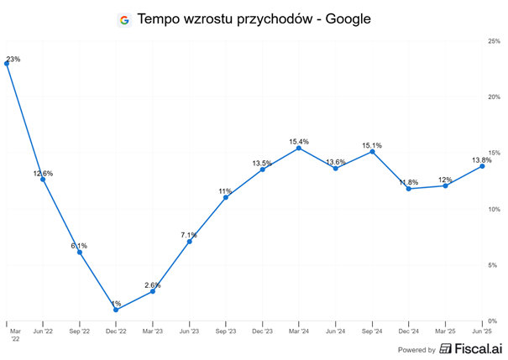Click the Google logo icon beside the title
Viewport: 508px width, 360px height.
[124, 19]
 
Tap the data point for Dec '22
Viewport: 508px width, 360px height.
[116, 310]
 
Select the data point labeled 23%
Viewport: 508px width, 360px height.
[7, 64]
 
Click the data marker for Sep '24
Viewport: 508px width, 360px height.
[372, 151]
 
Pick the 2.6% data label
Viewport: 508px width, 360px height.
[152, 285]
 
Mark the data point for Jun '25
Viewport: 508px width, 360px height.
[482, 166]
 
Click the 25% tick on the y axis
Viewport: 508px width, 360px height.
[495, 40]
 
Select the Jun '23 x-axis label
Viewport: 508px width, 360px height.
[189, 332]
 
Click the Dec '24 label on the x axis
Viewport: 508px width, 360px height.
[409, 332]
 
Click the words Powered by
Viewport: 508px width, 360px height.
[416, 350]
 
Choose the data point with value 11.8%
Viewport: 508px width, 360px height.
[409, 189]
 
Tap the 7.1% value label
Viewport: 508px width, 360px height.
[189, 235]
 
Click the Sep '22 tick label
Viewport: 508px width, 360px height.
[79, 332]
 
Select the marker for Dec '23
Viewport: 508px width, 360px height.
[262, 170]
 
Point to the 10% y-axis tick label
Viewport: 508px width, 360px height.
[495, 209]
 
